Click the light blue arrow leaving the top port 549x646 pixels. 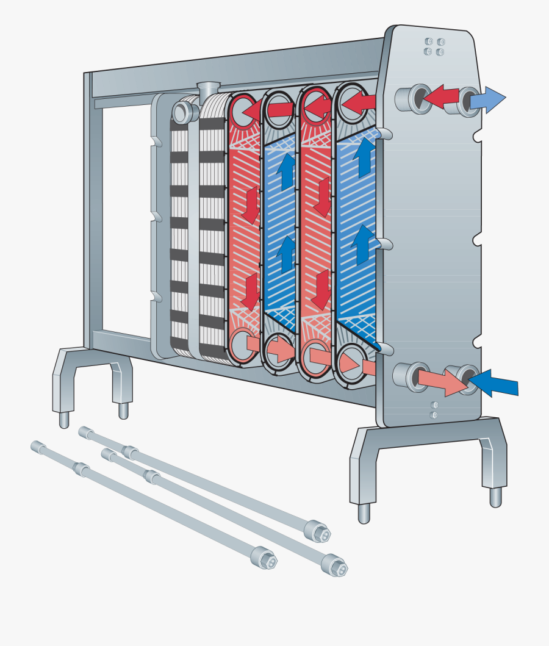491,99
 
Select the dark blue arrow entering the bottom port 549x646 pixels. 495,383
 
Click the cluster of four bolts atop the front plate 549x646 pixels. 433,47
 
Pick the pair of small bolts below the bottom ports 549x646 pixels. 434,409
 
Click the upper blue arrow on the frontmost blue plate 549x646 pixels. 364,155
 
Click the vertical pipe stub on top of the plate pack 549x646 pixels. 207,89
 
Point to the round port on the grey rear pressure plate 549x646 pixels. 182,111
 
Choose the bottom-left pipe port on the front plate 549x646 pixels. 412,376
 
